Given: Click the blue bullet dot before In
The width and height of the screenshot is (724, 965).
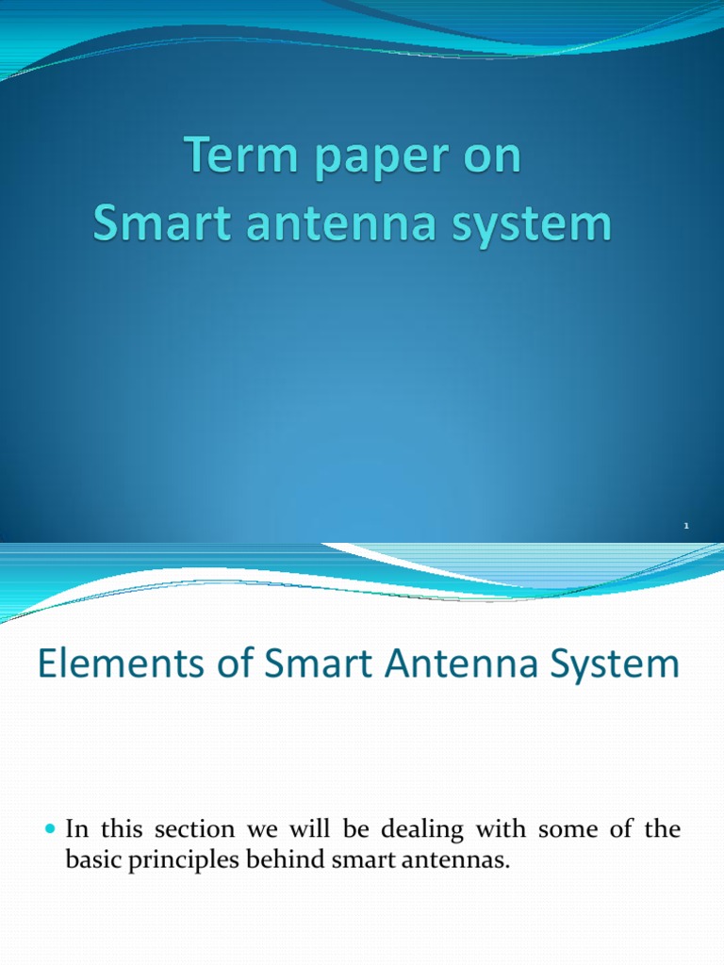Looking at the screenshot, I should (52, 830).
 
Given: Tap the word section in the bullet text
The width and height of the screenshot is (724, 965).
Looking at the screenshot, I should (181, 830).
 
